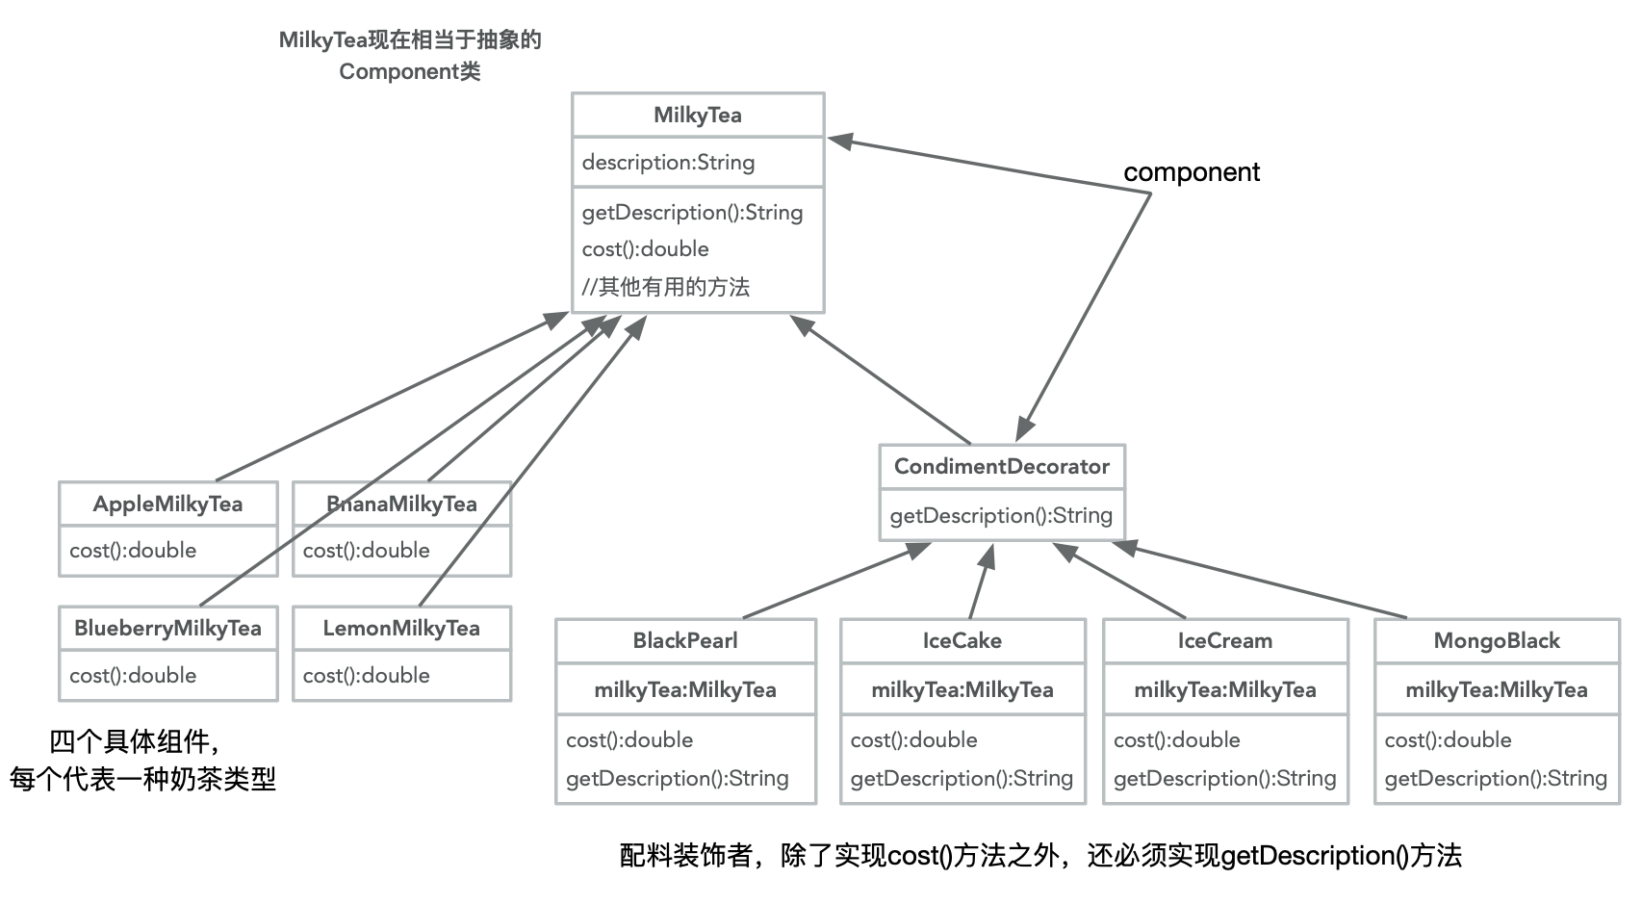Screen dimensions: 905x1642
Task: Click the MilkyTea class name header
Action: [698, 116]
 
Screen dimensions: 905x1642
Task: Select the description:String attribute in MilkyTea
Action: [668, 162]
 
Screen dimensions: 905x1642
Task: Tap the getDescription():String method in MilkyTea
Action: [692, 212]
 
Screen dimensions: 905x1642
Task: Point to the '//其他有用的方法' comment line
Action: [665, 287]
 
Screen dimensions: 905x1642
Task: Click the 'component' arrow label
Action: [1192, 172]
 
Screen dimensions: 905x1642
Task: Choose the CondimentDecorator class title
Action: [1001, 466]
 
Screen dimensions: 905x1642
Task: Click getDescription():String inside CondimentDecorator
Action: [1001, 515]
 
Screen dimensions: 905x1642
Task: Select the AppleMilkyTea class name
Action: [167, 504]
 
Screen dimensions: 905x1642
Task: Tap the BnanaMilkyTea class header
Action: [401, 504]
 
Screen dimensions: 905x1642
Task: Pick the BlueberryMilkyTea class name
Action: [167, 628]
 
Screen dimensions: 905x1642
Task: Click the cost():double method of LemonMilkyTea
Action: [366, 675]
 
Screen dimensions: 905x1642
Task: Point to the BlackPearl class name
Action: [685, 640]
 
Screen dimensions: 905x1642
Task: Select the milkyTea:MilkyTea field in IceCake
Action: [962, 689]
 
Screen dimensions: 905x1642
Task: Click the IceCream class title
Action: [1224, 640]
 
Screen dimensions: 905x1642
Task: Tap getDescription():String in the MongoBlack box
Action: [1496, 778]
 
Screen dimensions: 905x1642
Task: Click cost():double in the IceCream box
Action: [1176, 739]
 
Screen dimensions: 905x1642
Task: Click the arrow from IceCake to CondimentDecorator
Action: [980, 582]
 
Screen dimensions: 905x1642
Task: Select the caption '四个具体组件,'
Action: [135, 741]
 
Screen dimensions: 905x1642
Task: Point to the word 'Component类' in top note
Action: [409, 71]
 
